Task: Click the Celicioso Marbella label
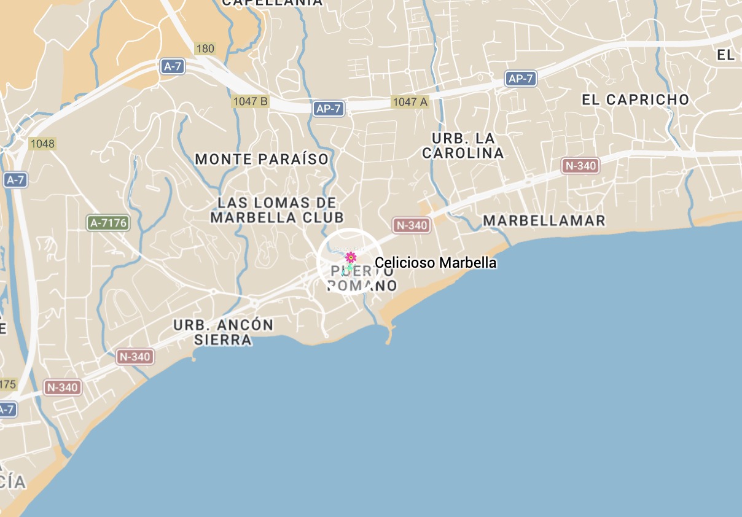[x=435, y=263]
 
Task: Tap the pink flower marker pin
[x=351, y=257]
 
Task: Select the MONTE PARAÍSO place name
[x=262, y=160]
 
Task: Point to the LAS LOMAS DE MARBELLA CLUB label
[x=277, y=210]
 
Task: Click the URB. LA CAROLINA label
[x=463, y=146]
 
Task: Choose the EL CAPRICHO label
[x=636, y=99]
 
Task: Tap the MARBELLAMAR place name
[x=544, y=220]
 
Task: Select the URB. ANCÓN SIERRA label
[x=223, y=332]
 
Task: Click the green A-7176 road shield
[x=109, y=223]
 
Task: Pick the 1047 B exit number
[x=251, y=101]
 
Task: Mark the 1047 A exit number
[x=410, y=102]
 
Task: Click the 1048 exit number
[x=42, y=144]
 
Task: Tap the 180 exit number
[x=205, y=49]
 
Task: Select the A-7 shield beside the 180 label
[x=173, y=66]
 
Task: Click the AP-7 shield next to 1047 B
[x=329, y=109]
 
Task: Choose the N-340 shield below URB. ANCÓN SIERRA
[x=135, y=356]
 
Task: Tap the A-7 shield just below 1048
[x=15, y=180]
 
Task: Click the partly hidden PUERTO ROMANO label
[x=362, y=278]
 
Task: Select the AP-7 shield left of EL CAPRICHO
[x=520, y=78]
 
